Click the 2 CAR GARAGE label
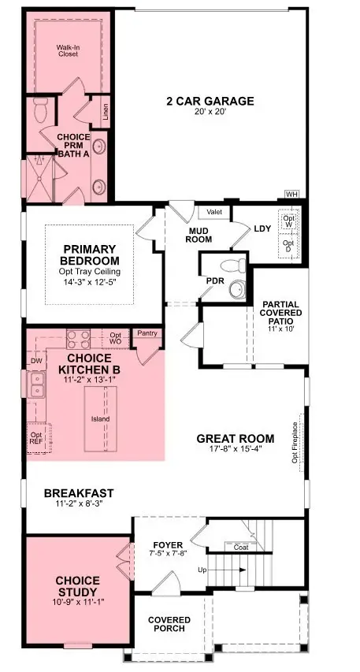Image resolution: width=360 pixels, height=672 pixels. pyautogui.click(x=210, y=101)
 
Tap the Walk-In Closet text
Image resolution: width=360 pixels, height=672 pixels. pyautogui.click(x=70, y=51)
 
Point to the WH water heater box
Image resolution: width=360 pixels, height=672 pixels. pyautogui.click(x=291, y=194)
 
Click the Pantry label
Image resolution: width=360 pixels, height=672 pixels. pyautogui.click(x=147, y=333)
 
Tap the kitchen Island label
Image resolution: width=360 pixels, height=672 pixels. pyautogui.click(x=99, y=418)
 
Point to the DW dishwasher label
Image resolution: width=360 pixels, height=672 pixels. pyautogui.click(x=35, y=361)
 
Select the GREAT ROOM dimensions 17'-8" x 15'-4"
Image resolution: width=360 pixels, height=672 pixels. pyautogui.click(x=235, y=451)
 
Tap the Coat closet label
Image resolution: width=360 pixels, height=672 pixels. pyautogui.click(x=241, y=547)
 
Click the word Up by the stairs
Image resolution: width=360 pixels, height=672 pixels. pyautogui.click(x=202, y=569)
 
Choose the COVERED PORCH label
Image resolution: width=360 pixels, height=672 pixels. pyautogui.click(x=169, y=624)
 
